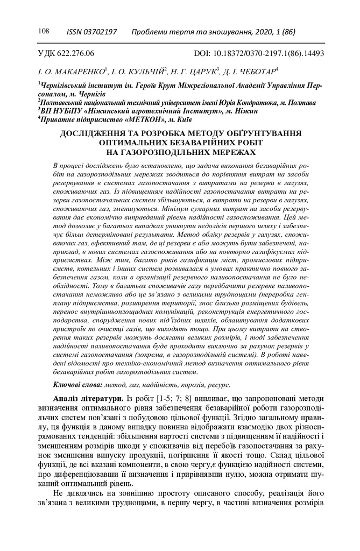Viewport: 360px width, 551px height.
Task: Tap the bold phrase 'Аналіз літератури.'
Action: pos(88,398)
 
